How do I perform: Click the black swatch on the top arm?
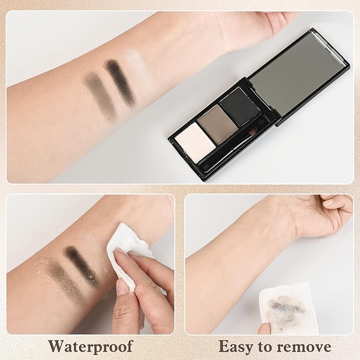121,82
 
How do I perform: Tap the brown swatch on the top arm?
101,94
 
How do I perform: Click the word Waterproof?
91,346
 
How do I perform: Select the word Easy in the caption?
235,347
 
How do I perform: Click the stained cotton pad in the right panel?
288,308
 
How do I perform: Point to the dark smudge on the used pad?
286,306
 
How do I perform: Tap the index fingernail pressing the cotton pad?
123,287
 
